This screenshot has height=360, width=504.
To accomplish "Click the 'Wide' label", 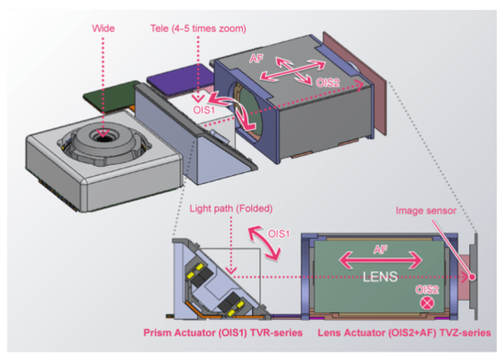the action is tap(104, 28).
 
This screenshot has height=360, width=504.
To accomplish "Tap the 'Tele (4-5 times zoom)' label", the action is tap(198, 28).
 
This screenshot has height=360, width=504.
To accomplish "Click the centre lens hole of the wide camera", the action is tap(103, 136).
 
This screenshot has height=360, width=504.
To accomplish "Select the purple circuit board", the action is tap(181, 80).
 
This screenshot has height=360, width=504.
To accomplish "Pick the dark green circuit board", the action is tap(111, 96).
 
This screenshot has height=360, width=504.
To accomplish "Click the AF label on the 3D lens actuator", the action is tap(257, 59).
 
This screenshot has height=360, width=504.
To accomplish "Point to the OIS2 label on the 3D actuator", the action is tap(328, 83).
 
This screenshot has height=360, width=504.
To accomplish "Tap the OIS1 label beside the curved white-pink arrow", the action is tap(203, 110).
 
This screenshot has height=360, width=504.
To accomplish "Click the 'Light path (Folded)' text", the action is tap(231, 209).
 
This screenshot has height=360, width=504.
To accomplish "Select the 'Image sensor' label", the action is tap(426, 211).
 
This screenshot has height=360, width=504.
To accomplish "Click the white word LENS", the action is tap(380, 277).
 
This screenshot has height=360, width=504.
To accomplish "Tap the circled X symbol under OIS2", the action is tap(427, 303).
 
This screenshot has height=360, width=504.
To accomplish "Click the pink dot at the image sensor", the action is tap(472, 277).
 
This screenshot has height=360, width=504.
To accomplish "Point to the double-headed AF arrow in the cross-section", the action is tap(380, 260).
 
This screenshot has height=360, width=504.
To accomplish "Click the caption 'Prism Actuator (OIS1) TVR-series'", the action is tap(223, 333).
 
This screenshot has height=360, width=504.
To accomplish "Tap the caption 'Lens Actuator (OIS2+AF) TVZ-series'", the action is tap(404, 333).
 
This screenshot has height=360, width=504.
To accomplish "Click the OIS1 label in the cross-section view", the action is tap(279, 234).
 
